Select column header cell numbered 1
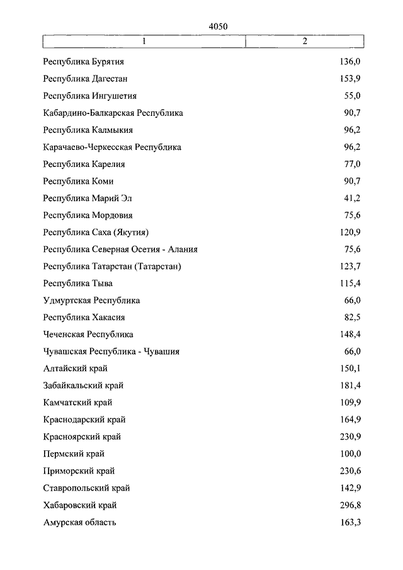pos(144,42)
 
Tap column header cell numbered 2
pos(305,42)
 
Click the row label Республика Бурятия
pos(83,62)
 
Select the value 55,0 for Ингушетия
pos(351,96)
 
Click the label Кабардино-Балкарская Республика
pos(113,113)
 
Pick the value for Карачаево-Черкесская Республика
pos(351,147)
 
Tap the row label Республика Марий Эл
pos(88,198)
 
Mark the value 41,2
pos(351,198)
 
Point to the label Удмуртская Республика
pos(92,300)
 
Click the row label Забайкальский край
pos(84,385)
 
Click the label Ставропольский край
pos(87,487)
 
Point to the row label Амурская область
pos(80,522)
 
